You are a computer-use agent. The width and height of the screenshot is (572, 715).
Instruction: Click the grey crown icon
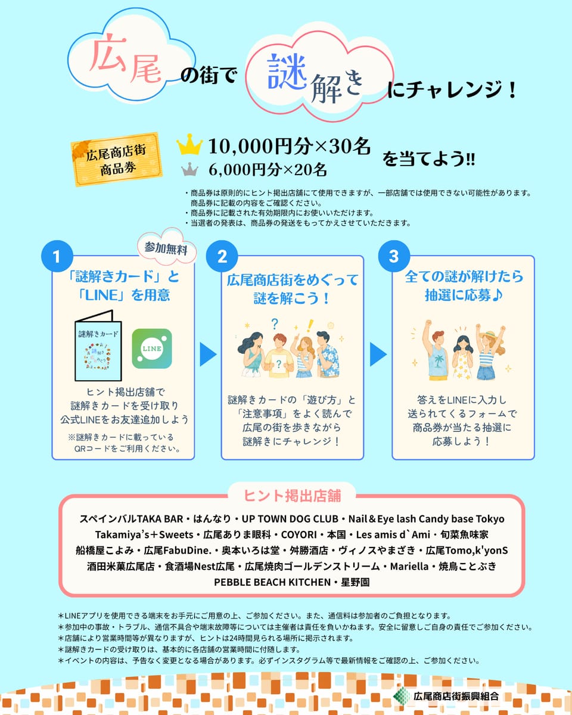190,169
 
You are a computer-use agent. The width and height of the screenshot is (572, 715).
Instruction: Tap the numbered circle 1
57,256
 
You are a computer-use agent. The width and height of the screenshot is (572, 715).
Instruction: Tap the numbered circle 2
222,256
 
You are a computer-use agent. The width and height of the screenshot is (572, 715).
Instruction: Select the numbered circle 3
394,256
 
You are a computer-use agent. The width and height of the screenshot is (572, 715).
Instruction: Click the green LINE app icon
152,349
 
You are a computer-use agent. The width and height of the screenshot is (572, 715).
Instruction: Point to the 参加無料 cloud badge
166,247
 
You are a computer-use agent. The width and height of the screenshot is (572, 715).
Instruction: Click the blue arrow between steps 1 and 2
208,355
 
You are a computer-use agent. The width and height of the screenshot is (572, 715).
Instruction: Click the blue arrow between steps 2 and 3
378,355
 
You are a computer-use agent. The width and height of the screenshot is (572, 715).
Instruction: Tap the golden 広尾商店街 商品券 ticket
116,160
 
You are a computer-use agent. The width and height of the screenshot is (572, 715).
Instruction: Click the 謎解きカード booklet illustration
98,346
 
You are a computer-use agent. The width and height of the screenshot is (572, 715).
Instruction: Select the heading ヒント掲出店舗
292,496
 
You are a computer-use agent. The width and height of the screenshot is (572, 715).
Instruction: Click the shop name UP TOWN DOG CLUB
290,518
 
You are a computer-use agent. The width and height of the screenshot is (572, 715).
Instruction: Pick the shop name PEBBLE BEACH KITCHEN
272,582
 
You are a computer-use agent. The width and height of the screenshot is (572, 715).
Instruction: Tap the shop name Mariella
409,566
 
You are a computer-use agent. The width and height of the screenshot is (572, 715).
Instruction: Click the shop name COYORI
299,534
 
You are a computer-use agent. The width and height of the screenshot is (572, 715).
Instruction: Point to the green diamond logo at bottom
402,696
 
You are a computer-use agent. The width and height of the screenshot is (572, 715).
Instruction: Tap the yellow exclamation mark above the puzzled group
310,325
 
